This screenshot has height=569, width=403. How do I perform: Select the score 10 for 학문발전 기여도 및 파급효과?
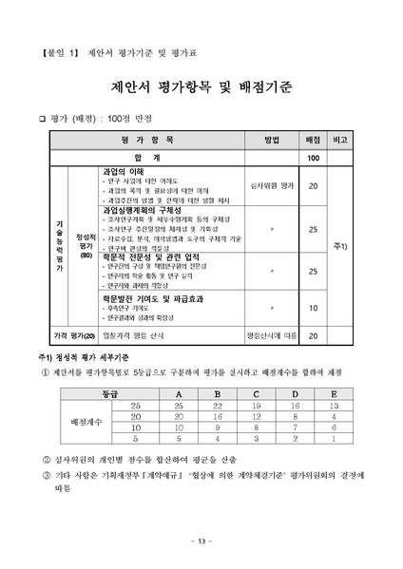[x=313, y=308]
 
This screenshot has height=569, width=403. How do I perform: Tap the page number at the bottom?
[x=201, y=541]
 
